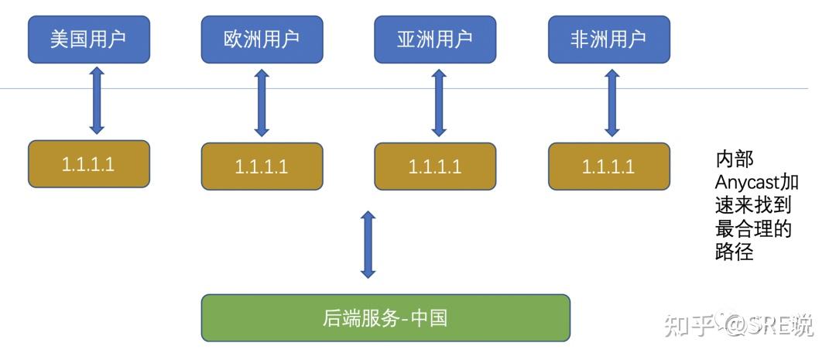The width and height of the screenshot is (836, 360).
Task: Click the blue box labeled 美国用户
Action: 88,39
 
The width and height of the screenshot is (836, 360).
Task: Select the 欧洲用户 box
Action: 262,39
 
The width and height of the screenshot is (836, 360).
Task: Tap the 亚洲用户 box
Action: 434,39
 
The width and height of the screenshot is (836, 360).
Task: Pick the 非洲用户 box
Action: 608,39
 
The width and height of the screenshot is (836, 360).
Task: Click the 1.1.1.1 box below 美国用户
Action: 88,163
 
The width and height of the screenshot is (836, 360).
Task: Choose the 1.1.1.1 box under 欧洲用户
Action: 262,166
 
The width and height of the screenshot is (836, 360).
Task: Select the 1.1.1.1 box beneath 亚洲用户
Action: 434,166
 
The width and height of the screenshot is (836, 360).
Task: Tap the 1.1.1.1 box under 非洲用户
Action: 608,166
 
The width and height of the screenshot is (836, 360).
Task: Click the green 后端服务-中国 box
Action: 385,317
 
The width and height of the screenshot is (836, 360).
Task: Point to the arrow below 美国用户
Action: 96,100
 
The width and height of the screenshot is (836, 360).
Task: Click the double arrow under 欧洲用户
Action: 262,102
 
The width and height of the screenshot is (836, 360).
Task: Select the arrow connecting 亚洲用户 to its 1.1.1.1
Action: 439,102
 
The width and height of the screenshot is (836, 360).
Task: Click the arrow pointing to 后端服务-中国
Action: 368,244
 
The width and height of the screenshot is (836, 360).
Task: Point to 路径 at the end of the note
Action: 734,252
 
